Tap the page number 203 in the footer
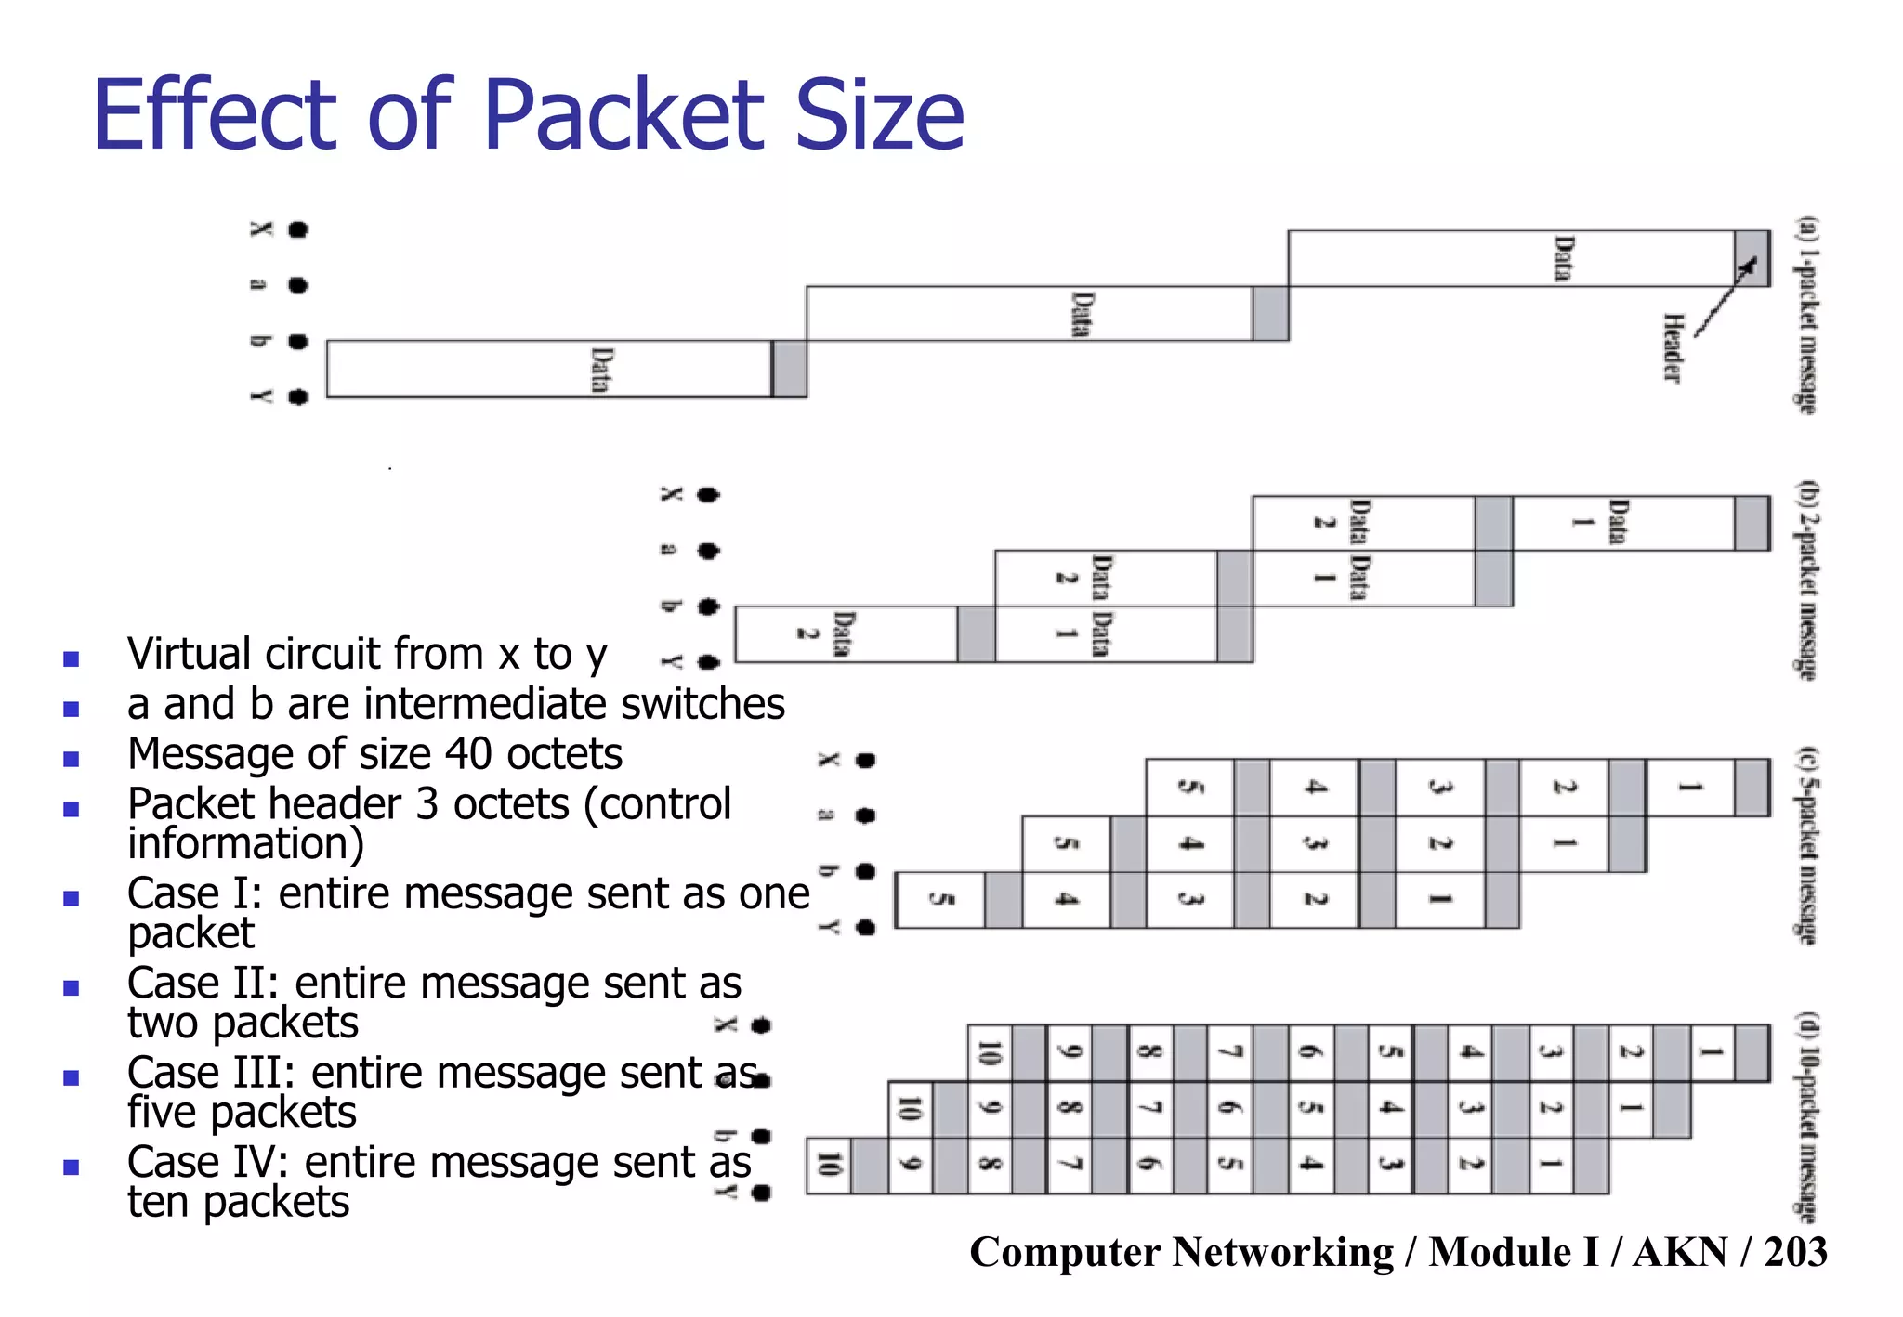[x=1795, y=1251]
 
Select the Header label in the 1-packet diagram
[x=1672, y=347]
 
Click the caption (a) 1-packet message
[x=1806, y=316]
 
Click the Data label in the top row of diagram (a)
[x=1565, y=258]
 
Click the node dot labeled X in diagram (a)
[x=297, y=229]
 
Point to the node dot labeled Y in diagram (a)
[x=297, y=398]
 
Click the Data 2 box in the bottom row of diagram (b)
[x=845, y=634]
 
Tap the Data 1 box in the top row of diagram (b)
[x=1621, y=523]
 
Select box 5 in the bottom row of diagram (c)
[x=940, y=899]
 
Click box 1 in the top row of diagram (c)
[x=1690, y=788]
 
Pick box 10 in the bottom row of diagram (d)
[x=828, y=1165]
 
